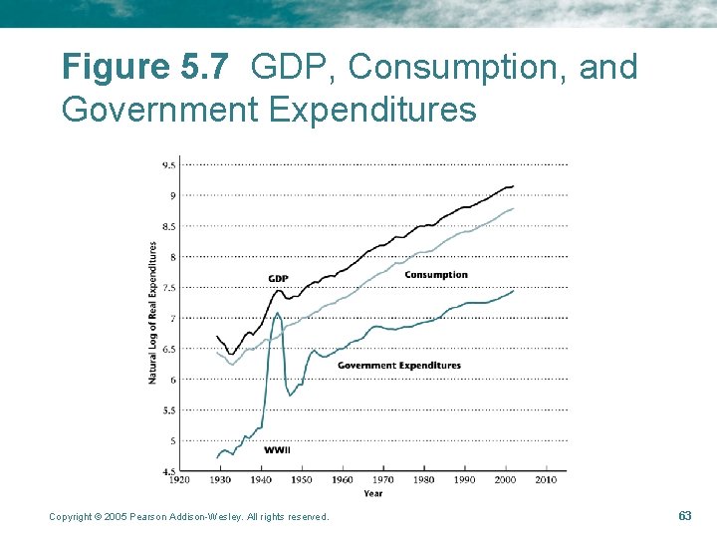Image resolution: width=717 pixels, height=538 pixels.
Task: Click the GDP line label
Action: [x=279, y=278]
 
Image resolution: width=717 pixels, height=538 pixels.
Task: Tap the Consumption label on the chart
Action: [x=435, y=275]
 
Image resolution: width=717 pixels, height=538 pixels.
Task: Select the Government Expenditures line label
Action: [x=398, y=366]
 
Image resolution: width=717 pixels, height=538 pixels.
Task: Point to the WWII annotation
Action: [x=278, y=450]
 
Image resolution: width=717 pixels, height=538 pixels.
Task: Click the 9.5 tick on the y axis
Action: [x=169, y=165]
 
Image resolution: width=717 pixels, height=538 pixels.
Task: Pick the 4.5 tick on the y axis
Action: [x=169, y=471]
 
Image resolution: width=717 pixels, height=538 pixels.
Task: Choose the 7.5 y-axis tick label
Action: [x=169, y=288]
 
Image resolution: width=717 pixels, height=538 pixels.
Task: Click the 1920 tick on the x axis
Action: [x=180, y=480]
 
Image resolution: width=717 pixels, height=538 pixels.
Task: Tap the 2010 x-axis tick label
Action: [x=546, y=480]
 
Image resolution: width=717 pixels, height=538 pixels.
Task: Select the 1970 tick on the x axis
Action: [x=383, y=480]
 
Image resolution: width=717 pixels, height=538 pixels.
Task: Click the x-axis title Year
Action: [x=372, y=493]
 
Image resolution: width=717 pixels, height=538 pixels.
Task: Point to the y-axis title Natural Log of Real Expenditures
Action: [x=152, y=312]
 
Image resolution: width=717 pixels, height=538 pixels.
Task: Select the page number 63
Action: [x=684, y=515]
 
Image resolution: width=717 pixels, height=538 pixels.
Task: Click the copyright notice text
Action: [x=188, y=516]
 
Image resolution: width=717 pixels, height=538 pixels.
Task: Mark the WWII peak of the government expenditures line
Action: [x=277, y=313]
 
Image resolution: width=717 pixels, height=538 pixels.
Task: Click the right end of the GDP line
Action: [x=513, y=186]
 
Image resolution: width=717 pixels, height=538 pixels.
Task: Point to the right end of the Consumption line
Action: [x=513, y=209]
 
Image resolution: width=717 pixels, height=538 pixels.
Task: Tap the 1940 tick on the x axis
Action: [x=262, y=480]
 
